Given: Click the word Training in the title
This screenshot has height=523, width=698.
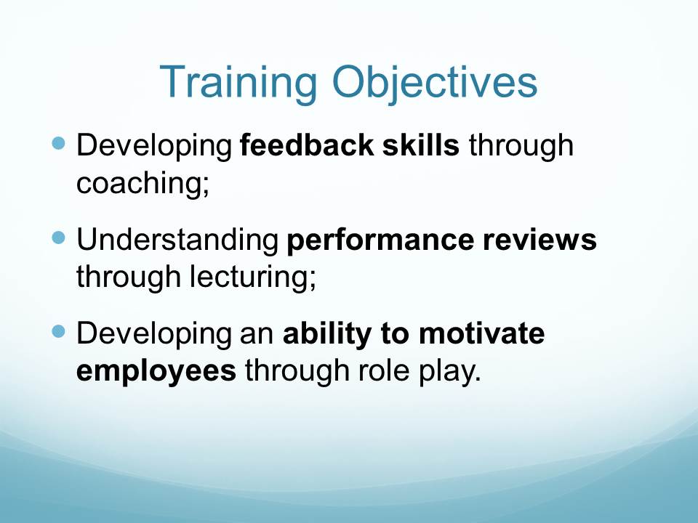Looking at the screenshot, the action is point(238,83).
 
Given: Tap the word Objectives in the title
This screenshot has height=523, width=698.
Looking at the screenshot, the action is point(435,83).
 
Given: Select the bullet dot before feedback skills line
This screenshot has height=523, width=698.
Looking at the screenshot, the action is point(58,143).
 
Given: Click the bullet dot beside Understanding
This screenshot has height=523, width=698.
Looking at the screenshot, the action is point(58,238).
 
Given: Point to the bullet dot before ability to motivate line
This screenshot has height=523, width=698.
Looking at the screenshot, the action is point(58,332).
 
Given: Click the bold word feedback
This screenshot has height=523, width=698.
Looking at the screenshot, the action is point(307,145).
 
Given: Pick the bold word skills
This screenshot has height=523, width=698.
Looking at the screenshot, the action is point(421,145).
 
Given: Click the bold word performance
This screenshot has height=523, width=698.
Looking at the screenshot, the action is point(380,241).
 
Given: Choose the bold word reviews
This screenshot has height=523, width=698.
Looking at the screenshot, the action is point(540,240).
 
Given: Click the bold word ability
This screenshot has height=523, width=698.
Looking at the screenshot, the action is point(327,335).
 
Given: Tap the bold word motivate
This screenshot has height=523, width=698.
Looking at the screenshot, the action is point(481,333).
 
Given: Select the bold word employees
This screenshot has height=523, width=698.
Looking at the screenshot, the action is point(156,372).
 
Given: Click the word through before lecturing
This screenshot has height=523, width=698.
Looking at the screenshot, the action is point(128,277).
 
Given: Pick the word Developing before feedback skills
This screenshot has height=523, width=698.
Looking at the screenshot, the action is point(154,146).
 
